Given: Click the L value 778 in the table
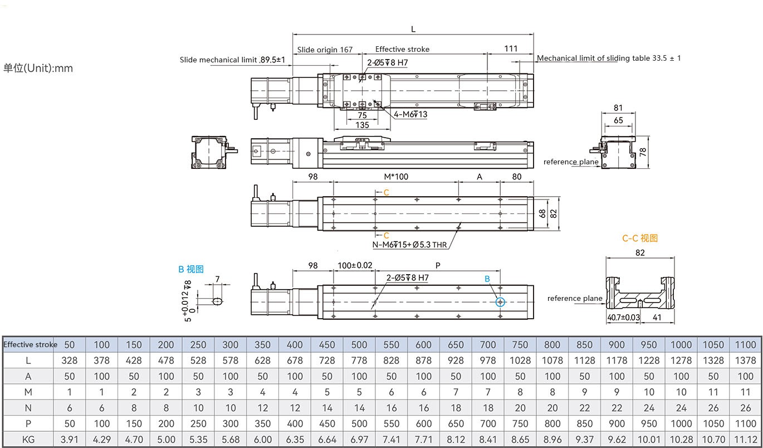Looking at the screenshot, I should coord(359,361).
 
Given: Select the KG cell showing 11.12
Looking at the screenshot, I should coord(746,440).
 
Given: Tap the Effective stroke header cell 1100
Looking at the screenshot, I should coord(746,344).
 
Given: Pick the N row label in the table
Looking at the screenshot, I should coord(28,408).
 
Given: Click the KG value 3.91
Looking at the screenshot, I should coord(70,440).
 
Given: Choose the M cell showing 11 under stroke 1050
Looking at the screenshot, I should coord(713,392).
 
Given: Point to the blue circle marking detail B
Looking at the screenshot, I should coord(500,301).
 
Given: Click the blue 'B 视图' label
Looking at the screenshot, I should coord(191,269).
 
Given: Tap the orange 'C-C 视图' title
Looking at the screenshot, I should coord(640,238).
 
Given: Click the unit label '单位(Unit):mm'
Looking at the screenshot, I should coord(38,68).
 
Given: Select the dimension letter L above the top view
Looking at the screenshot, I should coord(413,29).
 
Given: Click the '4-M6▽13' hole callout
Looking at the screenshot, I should coord(410,114).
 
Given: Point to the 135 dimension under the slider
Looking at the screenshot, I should coord(362,125).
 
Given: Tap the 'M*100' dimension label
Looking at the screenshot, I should coord(396,177).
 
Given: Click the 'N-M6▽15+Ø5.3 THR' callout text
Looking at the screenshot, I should coord(409,244).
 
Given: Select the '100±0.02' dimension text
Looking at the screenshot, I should coord(355,265).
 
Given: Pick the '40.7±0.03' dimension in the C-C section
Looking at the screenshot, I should coord(624,318).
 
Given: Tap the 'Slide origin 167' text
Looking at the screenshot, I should coord(325,49).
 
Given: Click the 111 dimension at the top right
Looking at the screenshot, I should coord(511,48).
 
